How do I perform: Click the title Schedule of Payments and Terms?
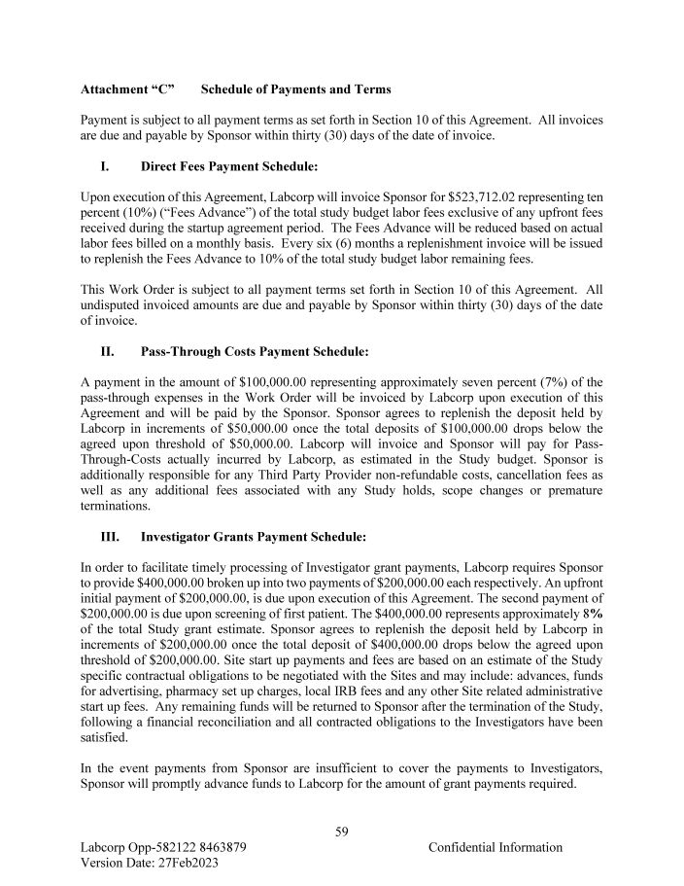pos(295,90)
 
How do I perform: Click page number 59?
pos(342,831)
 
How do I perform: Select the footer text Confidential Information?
pos(495,847)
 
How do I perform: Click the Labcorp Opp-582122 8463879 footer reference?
pos(162,847)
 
